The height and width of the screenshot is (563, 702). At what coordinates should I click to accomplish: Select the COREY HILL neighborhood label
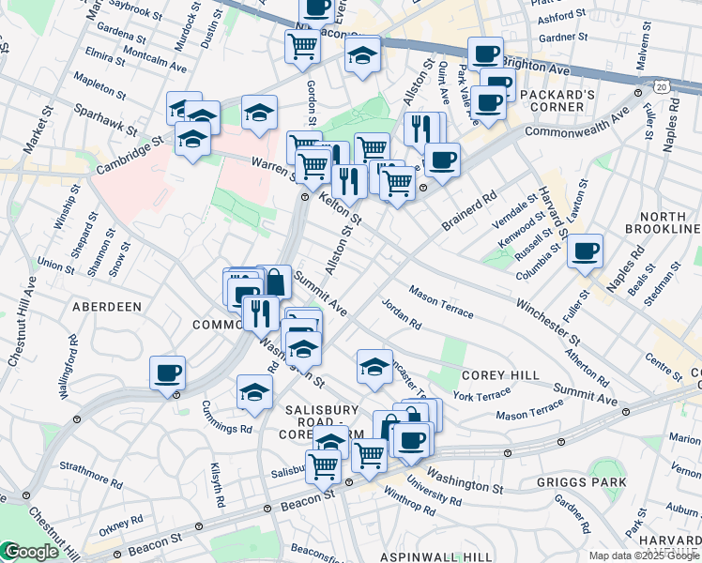[x=500, y=375]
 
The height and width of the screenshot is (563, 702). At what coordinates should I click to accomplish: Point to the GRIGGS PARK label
[x=581, y=482]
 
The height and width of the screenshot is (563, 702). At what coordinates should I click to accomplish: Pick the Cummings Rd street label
[x=227, y=417]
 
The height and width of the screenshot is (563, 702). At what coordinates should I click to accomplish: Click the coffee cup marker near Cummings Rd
[x=168, y=373]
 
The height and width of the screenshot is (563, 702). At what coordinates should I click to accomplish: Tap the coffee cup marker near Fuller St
[x=585, y=251]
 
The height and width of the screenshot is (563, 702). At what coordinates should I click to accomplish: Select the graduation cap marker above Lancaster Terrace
[x=374, y=367]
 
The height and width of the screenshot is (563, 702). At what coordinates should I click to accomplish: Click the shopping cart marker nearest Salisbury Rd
[x=324, y=464]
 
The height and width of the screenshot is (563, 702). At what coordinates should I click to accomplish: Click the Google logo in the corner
[x=30, y=553]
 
